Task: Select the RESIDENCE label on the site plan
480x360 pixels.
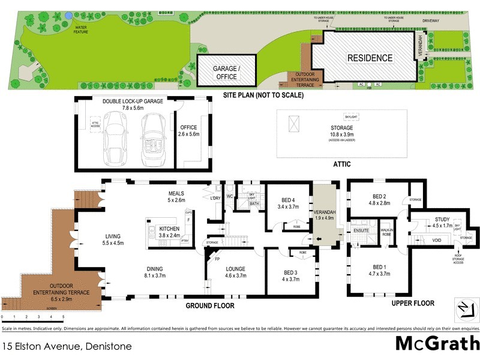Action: (x=370, y=58)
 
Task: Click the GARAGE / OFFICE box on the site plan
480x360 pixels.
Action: (x=226, y=73)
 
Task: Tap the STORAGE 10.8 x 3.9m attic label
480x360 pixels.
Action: (x=341, y=131)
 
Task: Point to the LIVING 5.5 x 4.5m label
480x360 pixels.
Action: (x=113, y=239)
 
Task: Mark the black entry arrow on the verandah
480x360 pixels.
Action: (x=319, y=240)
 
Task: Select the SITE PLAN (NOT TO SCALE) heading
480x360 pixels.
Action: (x=263, y=95)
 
